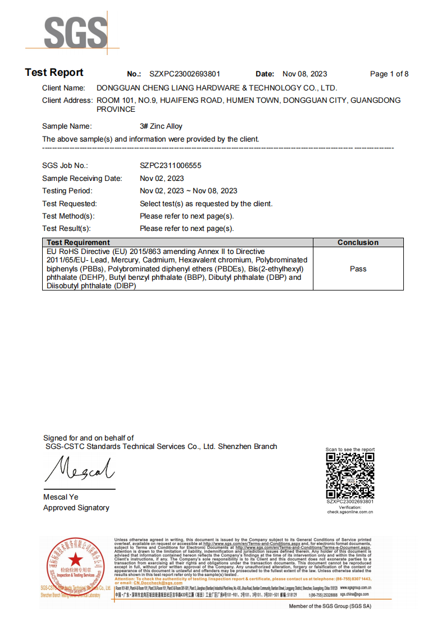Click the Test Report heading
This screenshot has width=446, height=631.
(x=54, y=72)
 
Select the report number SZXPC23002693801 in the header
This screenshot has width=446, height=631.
(x=185, y=74)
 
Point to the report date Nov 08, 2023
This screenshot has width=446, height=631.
(x=304, y=74)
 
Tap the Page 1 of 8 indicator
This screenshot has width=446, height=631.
(x=389, y=74)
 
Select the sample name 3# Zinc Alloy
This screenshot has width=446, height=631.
(x=161, y=126)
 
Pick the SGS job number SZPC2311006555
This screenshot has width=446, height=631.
(x=171, y=166)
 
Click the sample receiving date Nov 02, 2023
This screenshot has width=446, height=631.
(x=162, y=178)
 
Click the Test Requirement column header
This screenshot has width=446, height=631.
(x=78, y=243)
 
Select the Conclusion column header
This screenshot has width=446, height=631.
(x=358, y=243)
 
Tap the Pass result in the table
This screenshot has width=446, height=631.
(x=358, y=269)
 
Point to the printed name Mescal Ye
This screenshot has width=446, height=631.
(x=61, y=497)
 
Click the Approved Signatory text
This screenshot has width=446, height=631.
(x=76, y=508)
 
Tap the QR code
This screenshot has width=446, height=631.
(x=350, y=475)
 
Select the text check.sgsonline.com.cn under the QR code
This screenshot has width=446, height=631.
(x=350, y=512)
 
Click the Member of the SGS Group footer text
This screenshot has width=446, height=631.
(x=330, y=606)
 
